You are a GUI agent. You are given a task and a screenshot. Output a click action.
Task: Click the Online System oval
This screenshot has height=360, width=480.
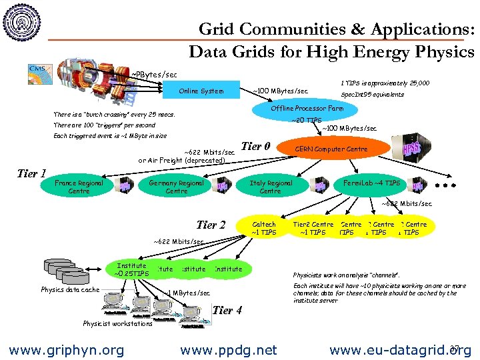[x=201, y=91]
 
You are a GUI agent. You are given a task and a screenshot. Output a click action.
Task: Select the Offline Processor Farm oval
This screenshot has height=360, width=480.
[x=307, y=108]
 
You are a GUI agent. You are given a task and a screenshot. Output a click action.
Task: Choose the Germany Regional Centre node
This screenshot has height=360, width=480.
[x=177, y=187]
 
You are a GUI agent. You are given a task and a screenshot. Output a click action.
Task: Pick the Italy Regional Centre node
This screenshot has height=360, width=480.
[x=270, y=187]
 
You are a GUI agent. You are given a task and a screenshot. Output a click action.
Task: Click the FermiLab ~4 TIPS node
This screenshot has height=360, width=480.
[x=372, y=183]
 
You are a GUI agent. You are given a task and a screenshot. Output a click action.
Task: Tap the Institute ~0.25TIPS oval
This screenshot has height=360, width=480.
[x=131, y=269]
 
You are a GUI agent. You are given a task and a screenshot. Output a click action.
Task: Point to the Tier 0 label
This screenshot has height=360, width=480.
[x=255, y=147]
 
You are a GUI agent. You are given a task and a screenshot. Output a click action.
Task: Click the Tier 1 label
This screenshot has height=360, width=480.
[x=31, y=174]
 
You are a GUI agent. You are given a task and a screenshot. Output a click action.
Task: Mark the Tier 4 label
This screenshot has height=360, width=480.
[x=227, y=310]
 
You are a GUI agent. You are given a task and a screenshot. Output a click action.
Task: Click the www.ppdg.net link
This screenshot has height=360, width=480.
[x=229, y=349]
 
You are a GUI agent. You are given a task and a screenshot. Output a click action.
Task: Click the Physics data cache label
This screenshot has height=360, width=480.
[x=70, y=289]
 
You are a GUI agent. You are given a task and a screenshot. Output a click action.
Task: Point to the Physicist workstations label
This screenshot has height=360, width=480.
[x=117, y=324]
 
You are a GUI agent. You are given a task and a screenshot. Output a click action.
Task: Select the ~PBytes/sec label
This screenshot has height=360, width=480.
[x=154, y=73]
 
